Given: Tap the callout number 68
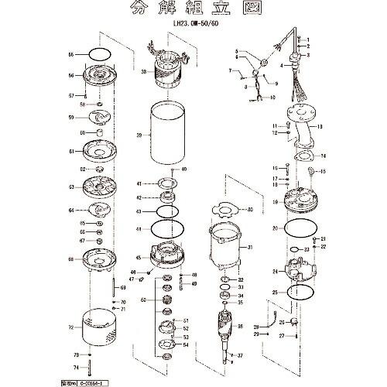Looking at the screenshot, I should [70, 259].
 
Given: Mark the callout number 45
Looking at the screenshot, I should [138, 258].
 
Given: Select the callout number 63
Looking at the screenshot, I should [70, 187].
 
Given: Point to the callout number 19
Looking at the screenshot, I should [275, 201].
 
